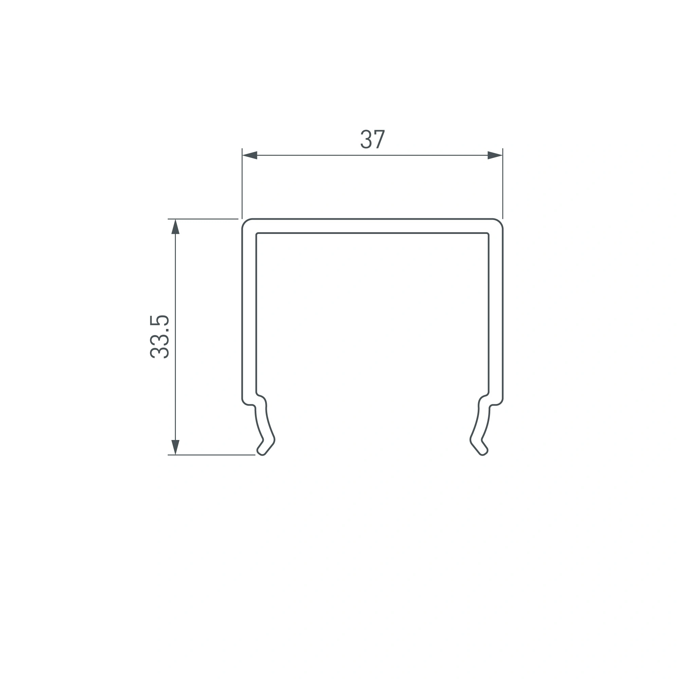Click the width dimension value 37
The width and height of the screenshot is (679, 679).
[372, 139]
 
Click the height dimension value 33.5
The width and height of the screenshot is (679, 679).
[160, 337]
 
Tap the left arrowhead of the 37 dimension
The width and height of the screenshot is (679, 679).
[250, 155]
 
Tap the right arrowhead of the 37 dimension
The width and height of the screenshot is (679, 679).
[495, 155]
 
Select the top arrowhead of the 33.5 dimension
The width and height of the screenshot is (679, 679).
[176, 227]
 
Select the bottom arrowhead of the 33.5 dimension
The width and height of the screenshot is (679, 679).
[176, 447]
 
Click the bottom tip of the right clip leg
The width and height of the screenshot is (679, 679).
[483, 455]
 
